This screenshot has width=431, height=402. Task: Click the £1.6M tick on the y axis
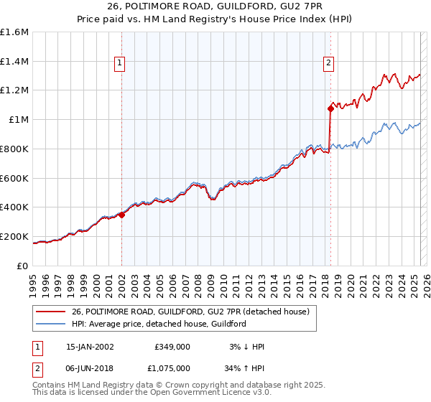pyautogui.click(x=15, y=32)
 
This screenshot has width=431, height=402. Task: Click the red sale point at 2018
pyautogui.click(x=330, y=109)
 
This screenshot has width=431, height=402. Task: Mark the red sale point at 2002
pyautogui.click(x=122, y=214)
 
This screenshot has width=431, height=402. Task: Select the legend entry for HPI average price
pyautogui.click(x=158, y=324)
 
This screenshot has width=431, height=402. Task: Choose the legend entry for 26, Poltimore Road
pyautogui.click(x=190, y=312)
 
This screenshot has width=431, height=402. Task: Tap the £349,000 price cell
pyautogui.click(x=172, y=347)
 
